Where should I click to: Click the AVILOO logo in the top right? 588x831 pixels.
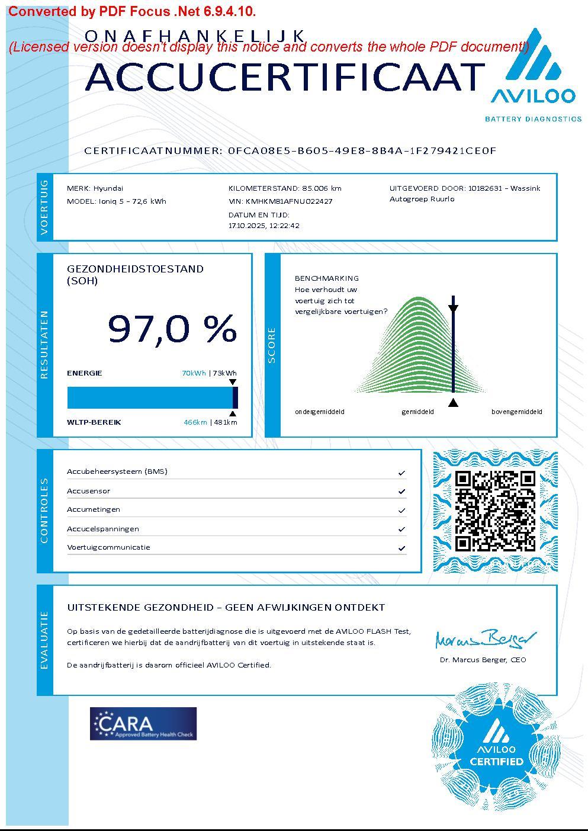(533, 74)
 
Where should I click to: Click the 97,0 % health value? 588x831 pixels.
(172, 329)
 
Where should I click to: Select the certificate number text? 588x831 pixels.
(362, 150)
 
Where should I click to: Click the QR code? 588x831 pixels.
(495, 511)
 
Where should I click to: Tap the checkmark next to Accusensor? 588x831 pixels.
(401, 492)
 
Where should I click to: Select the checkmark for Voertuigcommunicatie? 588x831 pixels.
(401, 548)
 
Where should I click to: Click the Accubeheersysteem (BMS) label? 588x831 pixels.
(117, 471)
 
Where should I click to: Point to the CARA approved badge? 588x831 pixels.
(143, 723)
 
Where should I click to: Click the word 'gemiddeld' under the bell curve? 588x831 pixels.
(417, 412)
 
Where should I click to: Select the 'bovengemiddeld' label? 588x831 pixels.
(516, 412)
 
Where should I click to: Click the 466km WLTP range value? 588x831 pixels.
(195, 422)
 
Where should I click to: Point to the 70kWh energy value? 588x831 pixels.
(194, 373)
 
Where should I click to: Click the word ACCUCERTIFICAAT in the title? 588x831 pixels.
(285, 77)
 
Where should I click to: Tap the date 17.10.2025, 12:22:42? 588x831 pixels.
(264, 226)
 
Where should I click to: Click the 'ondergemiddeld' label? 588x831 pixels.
(320, 412)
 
